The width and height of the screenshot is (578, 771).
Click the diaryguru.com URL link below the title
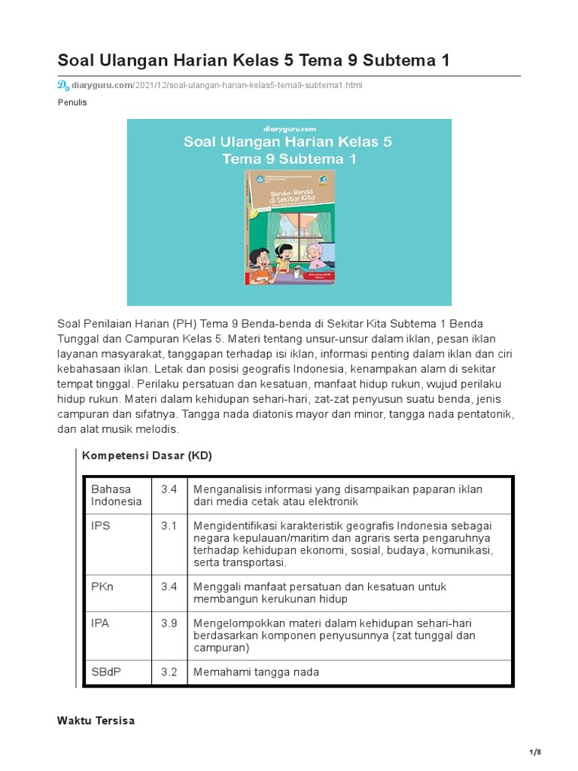click(x=217, y=85)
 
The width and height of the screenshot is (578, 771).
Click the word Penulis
click(x=72, y=102)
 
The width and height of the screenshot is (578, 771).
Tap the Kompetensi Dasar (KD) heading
click(x=147, y=456)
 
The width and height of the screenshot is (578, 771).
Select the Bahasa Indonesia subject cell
click(x=117, y=495)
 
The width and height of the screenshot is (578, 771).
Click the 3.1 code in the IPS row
click(x=169, y=526)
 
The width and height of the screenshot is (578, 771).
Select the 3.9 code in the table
click(x=169, y=623)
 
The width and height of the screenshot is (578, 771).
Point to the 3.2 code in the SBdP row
click(x=169, y=672)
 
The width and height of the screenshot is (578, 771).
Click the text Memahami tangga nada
click(x=256, y=672)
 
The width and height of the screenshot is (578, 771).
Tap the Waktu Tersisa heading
click(x=96, y=721)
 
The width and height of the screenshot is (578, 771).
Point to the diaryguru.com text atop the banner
click(x=289, y=128)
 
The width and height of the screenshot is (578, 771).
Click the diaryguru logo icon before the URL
click(x=63, y=85)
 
